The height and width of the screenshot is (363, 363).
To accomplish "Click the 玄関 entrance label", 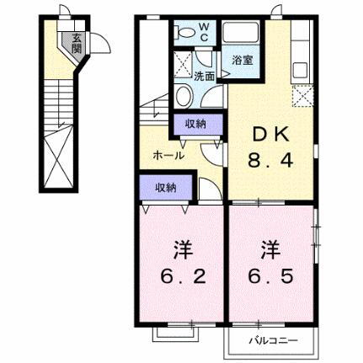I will click(x=77, y=41).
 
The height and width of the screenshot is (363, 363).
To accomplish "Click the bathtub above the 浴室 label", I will click(x=245, y=35).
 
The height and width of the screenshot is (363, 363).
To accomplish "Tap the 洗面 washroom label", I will click(x=205, y=76).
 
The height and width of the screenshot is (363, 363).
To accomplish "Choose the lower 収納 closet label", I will click(x=166, y=187).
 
